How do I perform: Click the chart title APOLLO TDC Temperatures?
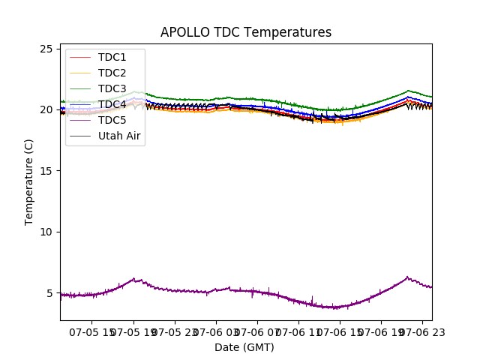[246, 32]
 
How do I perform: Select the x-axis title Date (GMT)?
[244, 347]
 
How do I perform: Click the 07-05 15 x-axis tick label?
[92, 331]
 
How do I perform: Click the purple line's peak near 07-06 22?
[407, 277]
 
